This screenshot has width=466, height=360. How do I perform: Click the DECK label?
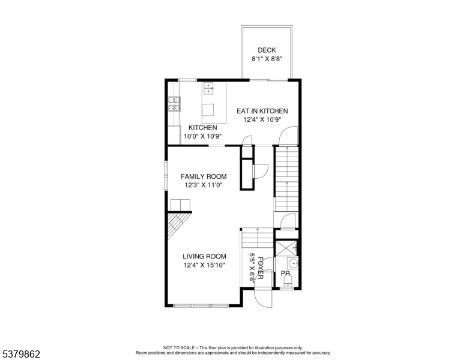[x=267, y=50]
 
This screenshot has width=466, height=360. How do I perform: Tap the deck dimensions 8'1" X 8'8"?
[x=267, y=59]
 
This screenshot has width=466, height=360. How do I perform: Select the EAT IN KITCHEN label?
[x=262, y=111]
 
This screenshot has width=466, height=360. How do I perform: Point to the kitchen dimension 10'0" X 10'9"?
[x=203, y=136]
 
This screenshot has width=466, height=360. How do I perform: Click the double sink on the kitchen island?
[x=209, y=89]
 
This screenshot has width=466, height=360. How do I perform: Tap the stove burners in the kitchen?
[x=173, y=104]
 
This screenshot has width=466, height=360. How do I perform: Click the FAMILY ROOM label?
[x=204, y=176]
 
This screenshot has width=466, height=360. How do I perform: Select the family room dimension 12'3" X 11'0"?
[x=204, y=185]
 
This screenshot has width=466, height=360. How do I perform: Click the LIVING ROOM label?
[x=204, y=256]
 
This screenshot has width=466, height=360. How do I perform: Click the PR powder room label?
[x=286, y=274]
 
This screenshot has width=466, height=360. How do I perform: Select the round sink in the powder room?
[x=292, y=263]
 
